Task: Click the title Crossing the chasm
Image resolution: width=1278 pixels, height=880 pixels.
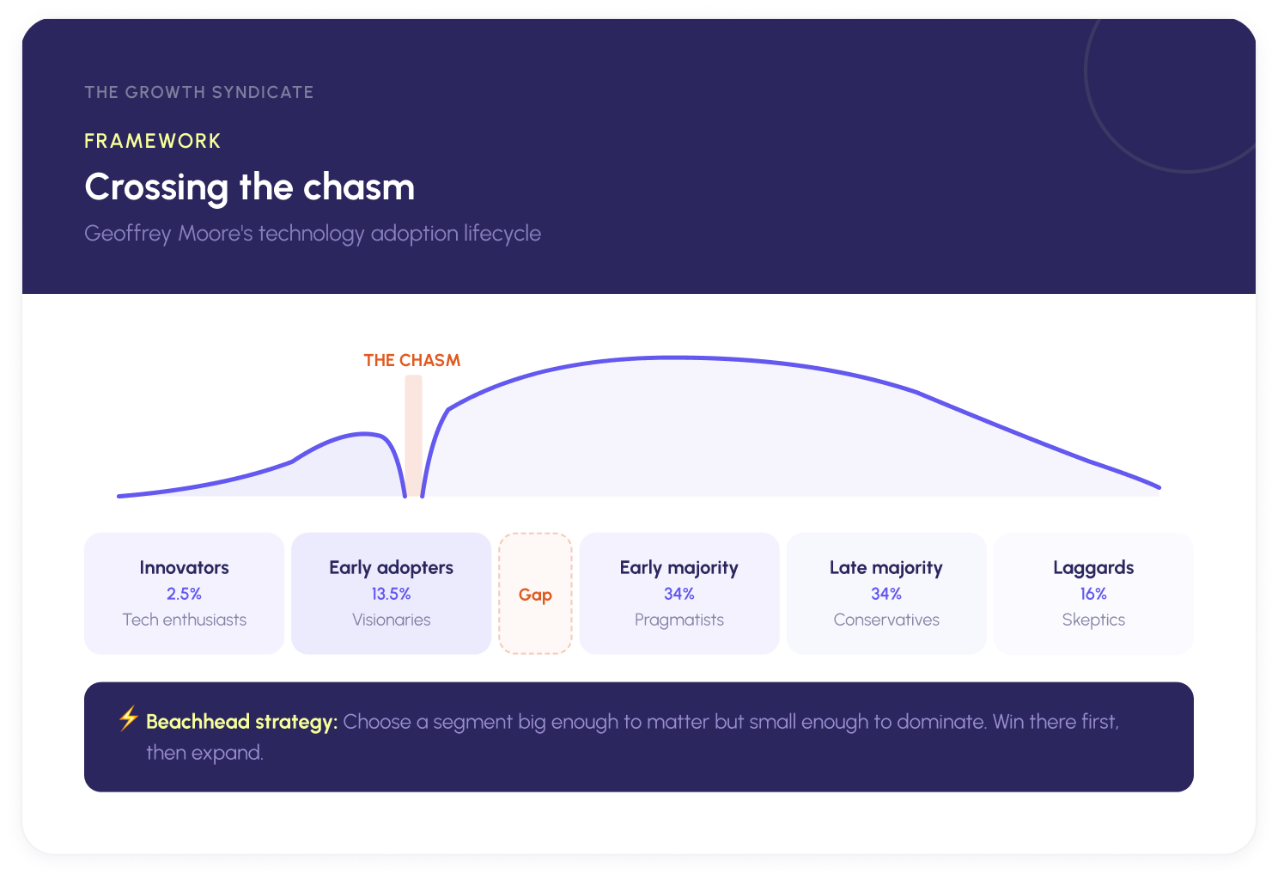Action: pos(249,187)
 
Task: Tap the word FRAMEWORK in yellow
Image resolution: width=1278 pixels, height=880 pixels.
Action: pos(152,141)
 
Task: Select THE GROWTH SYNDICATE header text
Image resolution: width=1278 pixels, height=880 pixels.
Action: pos(198,92)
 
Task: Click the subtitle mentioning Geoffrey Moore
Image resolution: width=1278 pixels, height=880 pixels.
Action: pos(313,234)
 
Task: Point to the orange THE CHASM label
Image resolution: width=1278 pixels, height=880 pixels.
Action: pos(411,360)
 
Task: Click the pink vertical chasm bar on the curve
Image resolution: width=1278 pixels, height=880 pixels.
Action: pos(414,434)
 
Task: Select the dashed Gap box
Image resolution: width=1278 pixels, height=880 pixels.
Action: pos(535,594)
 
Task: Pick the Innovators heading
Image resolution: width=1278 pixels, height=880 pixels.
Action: pos(184,567)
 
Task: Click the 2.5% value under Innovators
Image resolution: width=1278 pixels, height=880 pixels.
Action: pos(184,594)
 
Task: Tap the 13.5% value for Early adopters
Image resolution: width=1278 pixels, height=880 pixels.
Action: pos(391,594)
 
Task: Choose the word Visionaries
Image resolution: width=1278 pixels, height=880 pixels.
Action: pos(391,620)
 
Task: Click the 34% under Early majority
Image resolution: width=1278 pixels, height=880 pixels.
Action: pos(679,594)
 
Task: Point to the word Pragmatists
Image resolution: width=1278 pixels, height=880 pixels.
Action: pos(679,620)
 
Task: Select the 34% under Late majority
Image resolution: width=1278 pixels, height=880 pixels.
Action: pos(885,594)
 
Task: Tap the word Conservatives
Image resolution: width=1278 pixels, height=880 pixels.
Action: pos(885,620)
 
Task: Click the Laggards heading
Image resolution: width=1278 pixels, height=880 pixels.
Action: pos(1093,567)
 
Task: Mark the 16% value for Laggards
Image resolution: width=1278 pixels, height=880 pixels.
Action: pos(1093,594)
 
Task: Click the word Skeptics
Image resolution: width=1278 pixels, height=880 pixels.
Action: pos(1093,620)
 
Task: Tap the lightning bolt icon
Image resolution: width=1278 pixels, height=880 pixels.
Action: pos(128,718)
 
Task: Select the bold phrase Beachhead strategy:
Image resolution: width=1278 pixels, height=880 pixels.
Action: pos(241,722)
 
